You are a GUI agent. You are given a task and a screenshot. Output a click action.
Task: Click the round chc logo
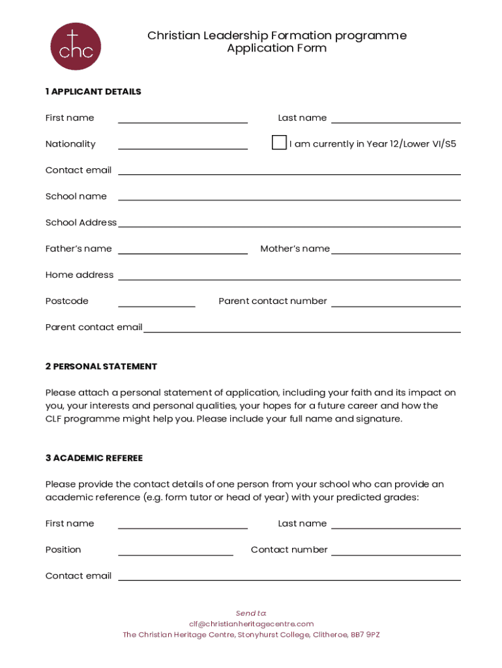tap(76, 47)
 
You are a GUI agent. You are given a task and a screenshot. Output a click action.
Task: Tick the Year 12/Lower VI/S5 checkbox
tap(279, 143)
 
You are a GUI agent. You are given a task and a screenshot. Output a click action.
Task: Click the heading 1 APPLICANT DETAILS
tap(93, 92)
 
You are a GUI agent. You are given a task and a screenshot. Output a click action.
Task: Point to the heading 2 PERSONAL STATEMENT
tap(101, 367)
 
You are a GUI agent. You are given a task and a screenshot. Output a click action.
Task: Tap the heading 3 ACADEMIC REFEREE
tap(94, 458)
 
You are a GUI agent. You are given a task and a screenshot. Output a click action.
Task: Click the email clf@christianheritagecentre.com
tap(251, 624)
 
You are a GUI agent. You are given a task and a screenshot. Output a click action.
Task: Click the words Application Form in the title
tap(276, 48)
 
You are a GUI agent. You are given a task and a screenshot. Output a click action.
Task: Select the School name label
tap(76, 196)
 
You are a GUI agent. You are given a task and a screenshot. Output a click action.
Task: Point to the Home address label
tap(79, 275)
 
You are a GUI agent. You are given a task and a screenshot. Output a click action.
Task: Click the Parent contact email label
tap(93, 327)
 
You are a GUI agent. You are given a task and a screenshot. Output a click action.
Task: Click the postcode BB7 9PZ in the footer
tap(365, 634)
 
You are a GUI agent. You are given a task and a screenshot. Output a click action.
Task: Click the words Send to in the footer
tap(251, 613)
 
